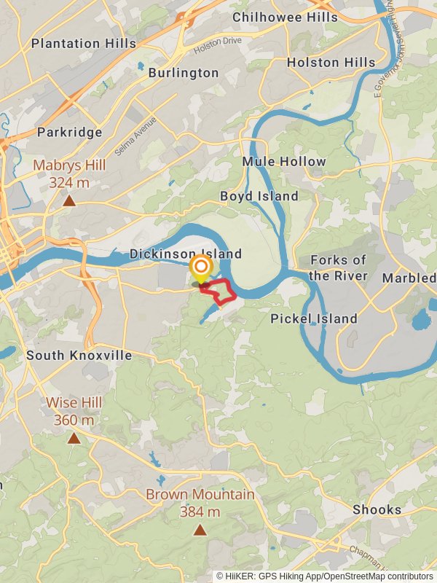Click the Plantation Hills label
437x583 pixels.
[83, 44]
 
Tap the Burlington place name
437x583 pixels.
[183, 73]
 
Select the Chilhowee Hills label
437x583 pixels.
[285, 17]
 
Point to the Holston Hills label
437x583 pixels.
[331, 63]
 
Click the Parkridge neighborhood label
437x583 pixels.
[69, 133]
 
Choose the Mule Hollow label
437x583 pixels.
[284, 161]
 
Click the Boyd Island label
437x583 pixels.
[259, 196]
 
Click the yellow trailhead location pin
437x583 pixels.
[200, 270]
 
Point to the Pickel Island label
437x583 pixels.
[314, 318]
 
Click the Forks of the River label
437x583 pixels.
[338, 267]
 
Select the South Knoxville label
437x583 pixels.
[79, 356]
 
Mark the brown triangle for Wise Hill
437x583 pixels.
[74, 438]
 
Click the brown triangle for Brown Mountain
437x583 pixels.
[200, 530]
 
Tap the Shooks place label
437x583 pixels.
[377, 509]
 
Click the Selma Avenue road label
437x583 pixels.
[135, 129]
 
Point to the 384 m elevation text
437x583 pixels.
[200, 512]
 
